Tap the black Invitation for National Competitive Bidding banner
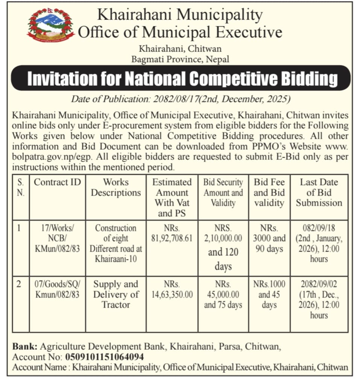pyautogui.click(x=181, y=79)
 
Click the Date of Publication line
pyautogui.click(x=181, y=100)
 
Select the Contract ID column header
pyautogui.click(x=57, y=182)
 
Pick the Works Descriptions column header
pyautogui.click(x=116, y=187)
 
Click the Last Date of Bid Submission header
pyautogui.click(x=319, y=193)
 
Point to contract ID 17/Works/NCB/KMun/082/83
pyautogui.click(x=57, y=238)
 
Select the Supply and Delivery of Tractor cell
pyautogui.click(x=116, y=294)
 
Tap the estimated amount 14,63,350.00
pyautogui.click(x=172, y=289)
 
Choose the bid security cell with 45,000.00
pyautogui.click(x=223, y=294)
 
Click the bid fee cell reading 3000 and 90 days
pyautogui.click(x=269, y=238)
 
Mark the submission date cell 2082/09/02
pyautogui.click(x=319, y=299)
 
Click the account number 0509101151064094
pyautogui.click(x=105, y=357)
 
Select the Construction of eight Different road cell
pyautogui.click(x=116, y=244)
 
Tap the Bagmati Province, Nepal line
pyautogui.click(x=180, y=59)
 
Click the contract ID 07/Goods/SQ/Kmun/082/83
pyautogui.click(x=57, y=289)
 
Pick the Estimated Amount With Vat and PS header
pyautogui.click(x=172, y=198)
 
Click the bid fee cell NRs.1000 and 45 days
pyautogui.click(x=269, y=294)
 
